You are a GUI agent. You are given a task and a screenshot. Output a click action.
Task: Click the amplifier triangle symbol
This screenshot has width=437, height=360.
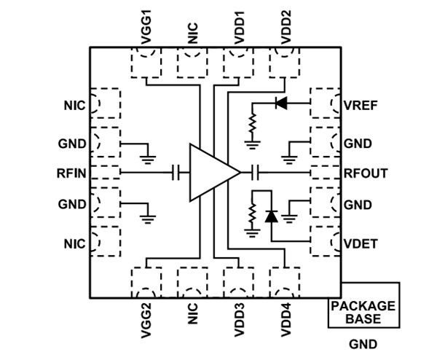point(211,173)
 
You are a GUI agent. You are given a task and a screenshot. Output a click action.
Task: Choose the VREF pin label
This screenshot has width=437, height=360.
point(360,105)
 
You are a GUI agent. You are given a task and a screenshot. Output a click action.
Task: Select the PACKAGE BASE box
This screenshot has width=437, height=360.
point(363,313)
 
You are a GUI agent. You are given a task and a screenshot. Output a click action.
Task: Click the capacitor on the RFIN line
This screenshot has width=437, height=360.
point(175,173)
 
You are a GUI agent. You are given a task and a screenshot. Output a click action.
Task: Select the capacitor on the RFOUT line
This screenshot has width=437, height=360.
point(255,173)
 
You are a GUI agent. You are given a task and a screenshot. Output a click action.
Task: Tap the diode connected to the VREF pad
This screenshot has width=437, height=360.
point(280,103)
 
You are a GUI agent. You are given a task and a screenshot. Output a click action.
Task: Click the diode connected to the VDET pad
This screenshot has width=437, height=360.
point(272,216)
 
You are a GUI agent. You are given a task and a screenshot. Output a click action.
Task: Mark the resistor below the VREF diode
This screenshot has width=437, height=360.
point(252,125)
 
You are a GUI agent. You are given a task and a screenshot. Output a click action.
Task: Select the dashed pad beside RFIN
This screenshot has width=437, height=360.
point(104,173)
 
